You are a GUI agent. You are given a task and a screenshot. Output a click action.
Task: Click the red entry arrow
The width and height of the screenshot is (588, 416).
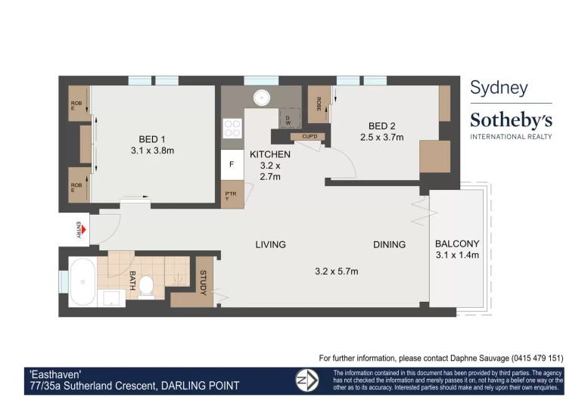84,230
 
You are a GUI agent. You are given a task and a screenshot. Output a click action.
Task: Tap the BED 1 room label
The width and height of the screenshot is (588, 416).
152,139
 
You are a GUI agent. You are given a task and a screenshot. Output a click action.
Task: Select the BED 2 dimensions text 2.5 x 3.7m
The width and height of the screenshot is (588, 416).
381,138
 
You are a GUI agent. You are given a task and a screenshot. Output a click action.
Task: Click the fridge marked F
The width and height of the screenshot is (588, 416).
232,164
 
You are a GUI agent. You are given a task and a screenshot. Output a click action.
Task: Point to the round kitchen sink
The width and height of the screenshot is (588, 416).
262,98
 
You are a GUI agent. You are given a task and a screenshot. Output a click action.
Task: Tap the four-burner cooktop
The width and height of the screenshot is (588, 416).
232,128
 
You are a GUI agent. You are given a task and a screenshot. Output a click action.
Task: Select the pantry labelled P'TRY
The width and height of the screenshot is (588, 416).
232,194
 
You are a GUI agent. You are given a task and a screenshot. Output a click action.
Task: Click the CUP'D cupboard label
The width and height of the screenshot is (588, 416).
310,136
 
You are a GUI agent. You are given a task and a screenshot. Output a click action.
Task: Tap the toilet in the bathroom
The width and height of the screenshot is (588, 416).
146,287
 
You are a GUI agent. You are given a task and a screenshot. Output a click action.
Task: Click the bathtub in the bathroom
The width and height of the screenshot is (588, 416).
82,282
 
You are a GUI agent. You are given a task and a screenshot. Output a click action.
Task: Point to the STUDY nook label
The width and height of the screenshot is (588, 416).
204,282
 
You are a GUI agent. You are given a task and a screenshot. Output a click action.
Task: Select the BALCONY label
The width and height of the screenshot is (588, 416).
457,244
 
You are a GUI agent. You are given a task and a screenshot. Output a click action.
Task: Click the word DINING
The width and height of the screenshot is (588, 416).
389,245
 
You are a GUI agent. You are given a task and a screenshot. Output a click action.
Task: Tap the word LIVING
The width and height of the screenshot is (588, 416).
270,245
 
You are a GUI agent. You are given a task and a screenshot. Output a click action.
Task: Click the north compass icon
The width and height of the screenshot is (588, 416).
307,380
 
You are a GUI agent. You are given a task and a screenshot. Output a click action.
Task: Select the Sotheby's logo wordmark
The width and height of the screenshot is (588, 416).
511,120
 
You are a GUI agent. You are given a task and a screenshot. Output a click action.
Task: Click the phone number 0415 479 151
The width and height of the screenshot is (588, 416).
537,359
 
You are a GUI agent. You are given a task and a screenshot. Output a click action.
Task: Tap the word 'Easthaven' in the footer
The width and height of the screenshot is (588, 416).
55,374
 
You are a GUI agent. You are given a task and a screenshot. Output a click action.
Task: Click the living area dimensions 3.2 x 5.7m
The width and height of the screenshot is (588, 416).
336,272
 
